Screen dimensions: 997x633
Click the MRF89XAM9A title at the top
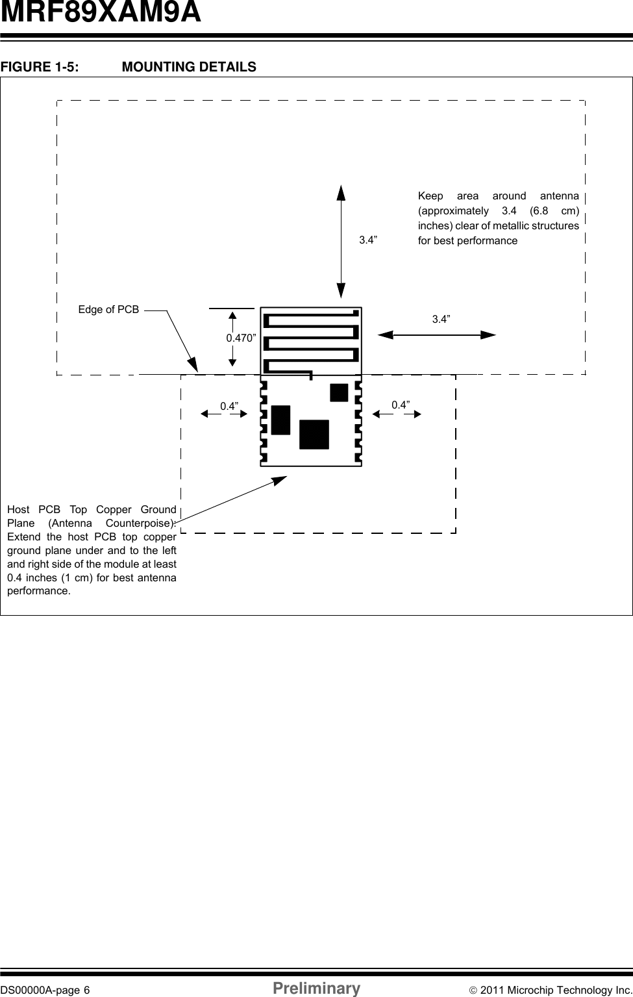click(x=101, y=13)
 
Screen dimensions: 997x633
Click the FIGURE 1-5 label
click(x=40, y=67)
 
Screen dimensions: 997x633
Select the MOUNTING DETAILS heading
click(x=189, y=67)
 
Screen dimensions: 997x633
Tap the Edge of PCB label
click(x=108, y=310)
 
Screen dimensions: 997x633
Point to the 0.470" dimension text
click(x=241, y=338)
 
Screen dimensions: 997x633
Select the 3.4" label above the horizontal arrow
click(x=441, y=319)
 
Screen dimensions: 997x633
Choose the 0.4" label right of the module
click(x=401, y=405)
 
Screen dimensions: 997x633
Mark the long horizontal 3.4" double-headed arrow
click(x=436, y=334)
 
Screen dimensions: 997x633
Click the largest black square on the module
click(x=314, y=435)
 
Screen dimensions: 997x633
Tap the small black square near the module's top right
click(x=339, y=393)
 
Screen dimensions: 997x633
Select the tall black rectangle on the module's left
click(x=280, y=420)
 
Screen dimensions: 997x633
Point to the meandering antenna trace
click(x=311, y=341)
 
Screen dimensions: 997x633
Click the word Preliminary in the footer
click(x=317, y=989)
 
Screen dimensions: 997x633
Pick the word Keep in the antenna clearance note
click(x=430, y=196)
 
